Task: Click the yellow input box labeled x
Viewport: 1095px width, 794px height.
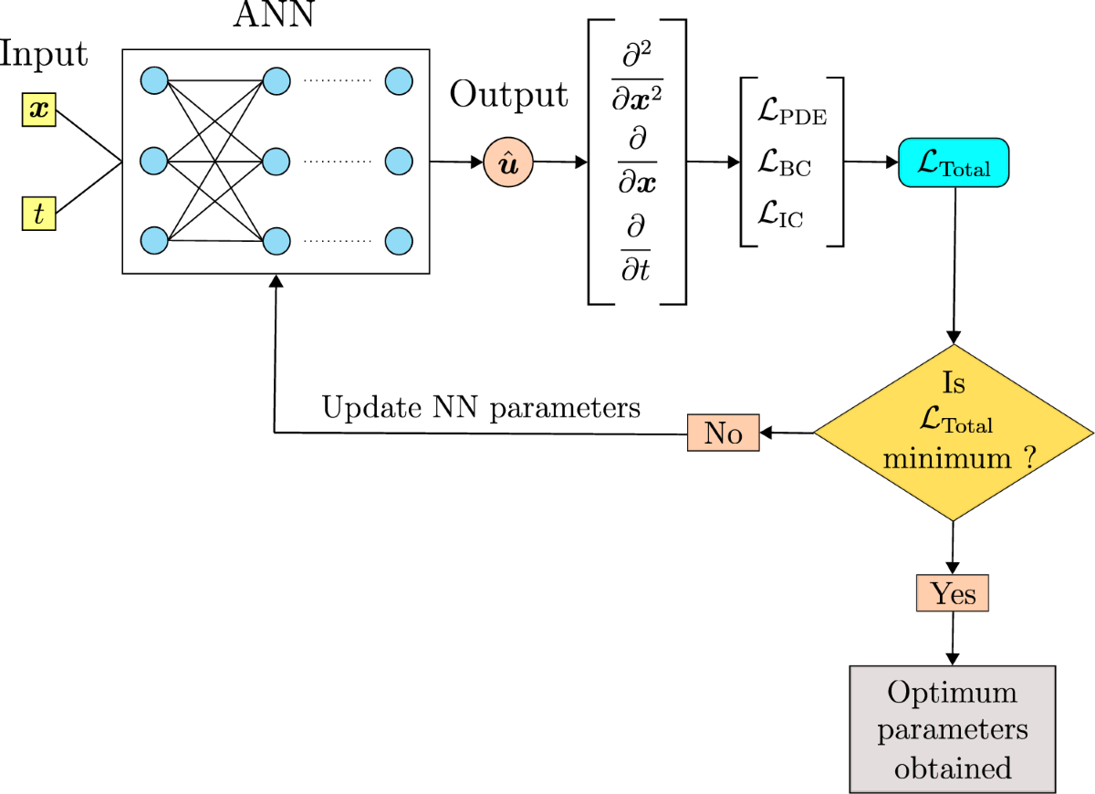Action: click(x=39, y=110)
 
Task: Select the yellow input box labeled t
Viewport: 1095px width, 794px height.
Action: click(x=39, y=214)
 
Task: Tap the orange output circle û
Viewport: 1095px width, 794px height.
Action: click(x=508, y=162)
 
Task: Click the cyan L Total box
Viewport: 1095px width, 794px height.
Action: click(x=954, y=162)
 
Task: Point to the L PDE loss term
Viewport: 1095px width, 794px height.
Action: click(x=792, y=111)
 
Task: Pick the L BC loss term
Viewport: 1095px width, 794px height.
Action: click(x=784, y=162)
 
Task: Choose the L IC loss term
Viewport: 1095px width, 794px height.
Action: click(x=780, y=214)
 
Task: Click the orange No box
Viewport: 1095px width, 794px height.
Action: click(x=723, y=433)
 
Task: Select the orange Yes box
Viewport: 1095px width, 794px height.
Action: click(x=953, y=593)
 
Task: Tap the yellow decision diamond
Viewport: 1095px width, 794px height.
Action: click(x=954, y=433)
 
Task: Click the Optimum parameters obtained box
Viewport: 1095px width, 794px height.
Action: click(x=953, y=729)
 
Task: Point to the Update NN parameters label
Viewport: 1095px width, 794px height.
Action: click(x=481, y=408)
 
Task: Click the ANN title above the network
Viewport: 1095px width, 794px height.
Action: click(x=274, y=14)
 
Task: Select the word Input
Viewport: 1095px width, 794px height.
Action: click(x=44, y=54)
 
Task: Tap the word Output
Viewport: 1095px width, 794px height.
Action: click(x=508, y=94)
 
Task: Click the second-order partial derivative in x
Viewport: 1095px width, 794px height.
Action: click(x=637, y=76)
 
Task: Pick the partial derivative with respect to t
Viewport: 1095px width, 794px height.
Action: click(x=635, y=247)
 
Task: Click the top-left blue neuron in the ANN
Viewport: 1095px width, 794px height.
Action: click(x=154, y=80)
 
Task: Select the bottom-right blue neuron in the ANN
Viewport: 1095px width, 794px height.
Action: click(x=399, y=241)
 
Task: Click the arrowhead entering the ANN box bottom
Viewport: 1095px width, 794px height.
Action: click(x=276, y=281)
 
